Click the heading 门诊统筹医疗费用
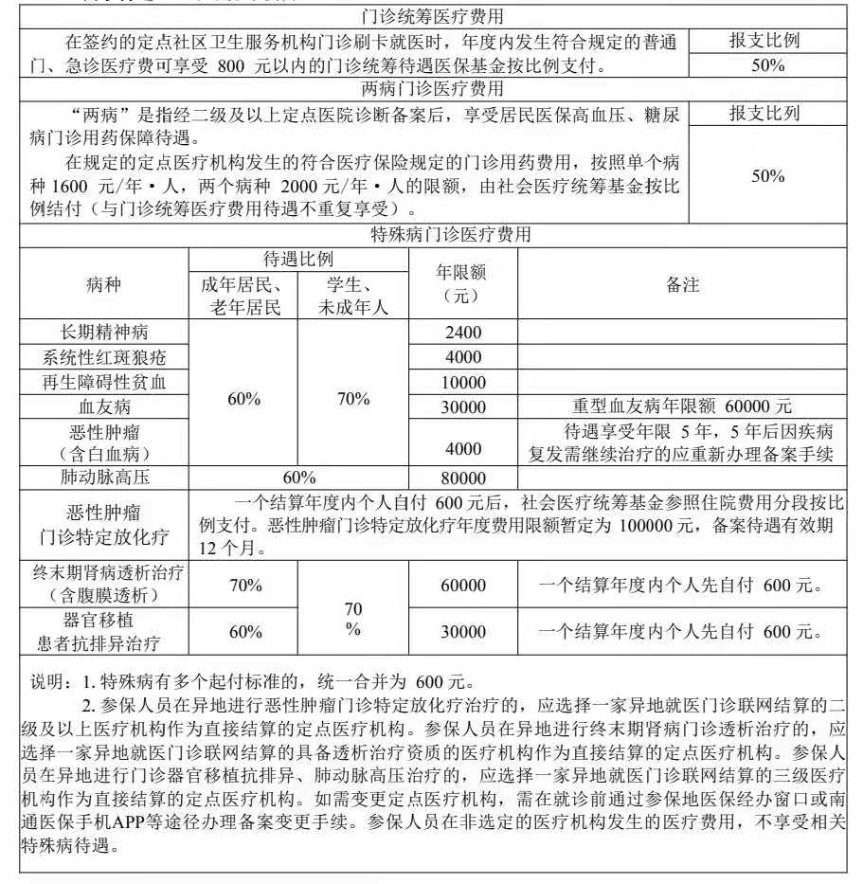pyautogui.click(x=432, y=16)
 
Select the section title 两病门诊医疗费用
pyautogui.click(x=432, y=89)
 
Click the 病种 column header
pyautogui.click(x=104, y=283)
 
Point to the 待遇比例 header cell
pyautogui.click(x=297, y=260)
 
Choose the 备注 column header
pyautogui.click(x=682, y=283)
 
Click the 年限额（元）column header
pyautogui.click(x=462, y=283)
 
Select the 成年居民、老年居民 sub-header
pyautogui.click(x=243, y=295)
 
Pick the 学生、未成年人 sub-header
pyautogui.click(x=352, y=295)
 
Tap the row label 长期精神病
pyautogui.click(x=104, y=332)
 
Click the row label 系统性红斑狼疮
pyautogui.click(x=104, y=357)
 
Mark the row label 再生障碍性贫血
pyautogui.click(x=104, y=382)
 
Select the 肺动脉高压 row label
pyautogui.click(x=104, y=477)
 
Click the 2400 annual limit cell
pyautogui.click(x=463, y=332)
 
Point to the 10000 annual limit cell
pyautogui.click(x=463, y=382)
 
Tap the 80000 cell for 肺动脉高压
pyautogui.click(x=463, y=478)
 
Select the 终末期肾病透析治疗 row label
pyautogui.click(x=104, y=573)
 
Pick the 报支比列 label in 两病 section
pyautogui.click(x=764, y=114)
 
